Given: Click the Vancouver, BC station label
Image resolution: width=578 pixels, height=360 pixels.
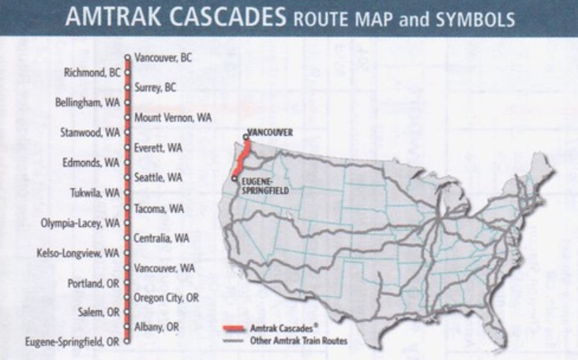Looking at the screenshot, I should click(x=163, y=58).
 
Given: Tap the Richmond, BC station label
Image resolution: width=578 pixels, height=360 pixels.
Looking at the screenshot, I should click(x=92, y=73).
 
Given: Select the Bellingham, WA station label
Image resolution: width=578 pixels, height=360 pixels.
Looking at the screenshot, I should click(x=88, y=103).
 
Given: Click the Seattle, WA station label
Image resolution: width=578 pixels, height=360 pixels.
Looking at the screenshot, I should click(x=159, y=178).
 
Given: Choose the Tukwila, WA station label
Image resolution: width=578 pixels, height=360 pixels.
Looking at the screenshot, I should click(x=91, y=193).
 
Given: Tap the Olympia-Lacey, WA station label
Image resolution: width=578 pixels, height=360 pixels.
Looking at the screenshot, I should click(x=81, y=223).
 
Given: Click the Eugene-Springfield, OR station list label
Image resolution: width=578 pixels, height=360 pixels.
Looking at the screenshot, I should click(x=72, y=343).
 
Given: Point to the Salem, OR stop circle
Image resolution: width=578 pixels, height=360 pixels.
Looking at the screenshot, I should click(x=126, y=313).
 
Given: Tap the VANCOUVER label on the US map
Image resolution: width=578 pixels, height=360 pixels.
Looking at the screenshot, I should click(x=271, y=132).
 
